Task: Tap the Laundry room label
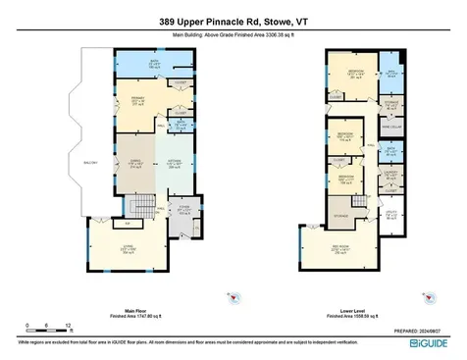coord(390,174)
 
